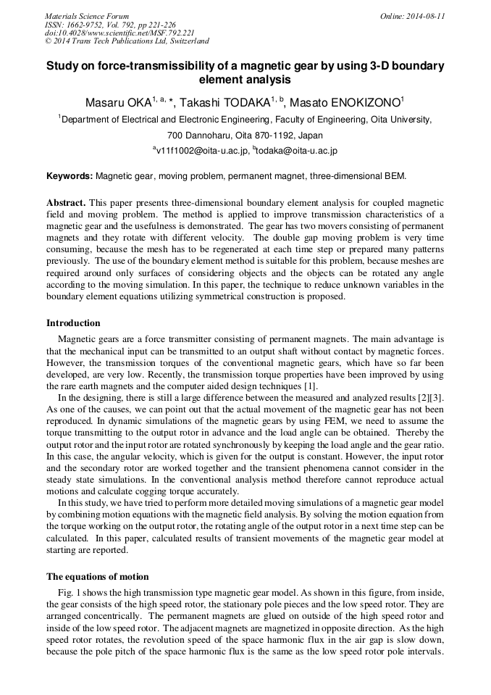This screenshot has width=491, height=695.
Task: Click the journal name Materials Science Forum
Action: click(87, 16)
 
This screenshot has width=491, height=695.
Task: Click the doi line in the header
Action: click(119, 33)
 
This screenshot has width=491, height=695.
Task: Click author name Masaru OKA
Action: click(116, 102)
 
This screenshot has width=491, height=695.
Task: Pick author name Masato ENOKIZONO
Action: click(345, 102)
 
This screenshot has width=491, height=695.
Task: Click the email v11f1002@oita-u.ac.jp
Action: click(201, 151)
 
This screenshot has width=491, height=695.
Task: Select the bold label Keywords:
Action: click(70, 176)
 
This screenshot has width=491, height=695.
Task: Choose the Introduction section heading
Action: click(73, 323)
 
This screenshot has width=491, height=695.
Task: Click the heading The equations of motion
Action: click(98, 577)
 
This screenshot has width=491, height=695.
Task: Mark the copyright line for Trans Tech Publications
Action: click(127, 41)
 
